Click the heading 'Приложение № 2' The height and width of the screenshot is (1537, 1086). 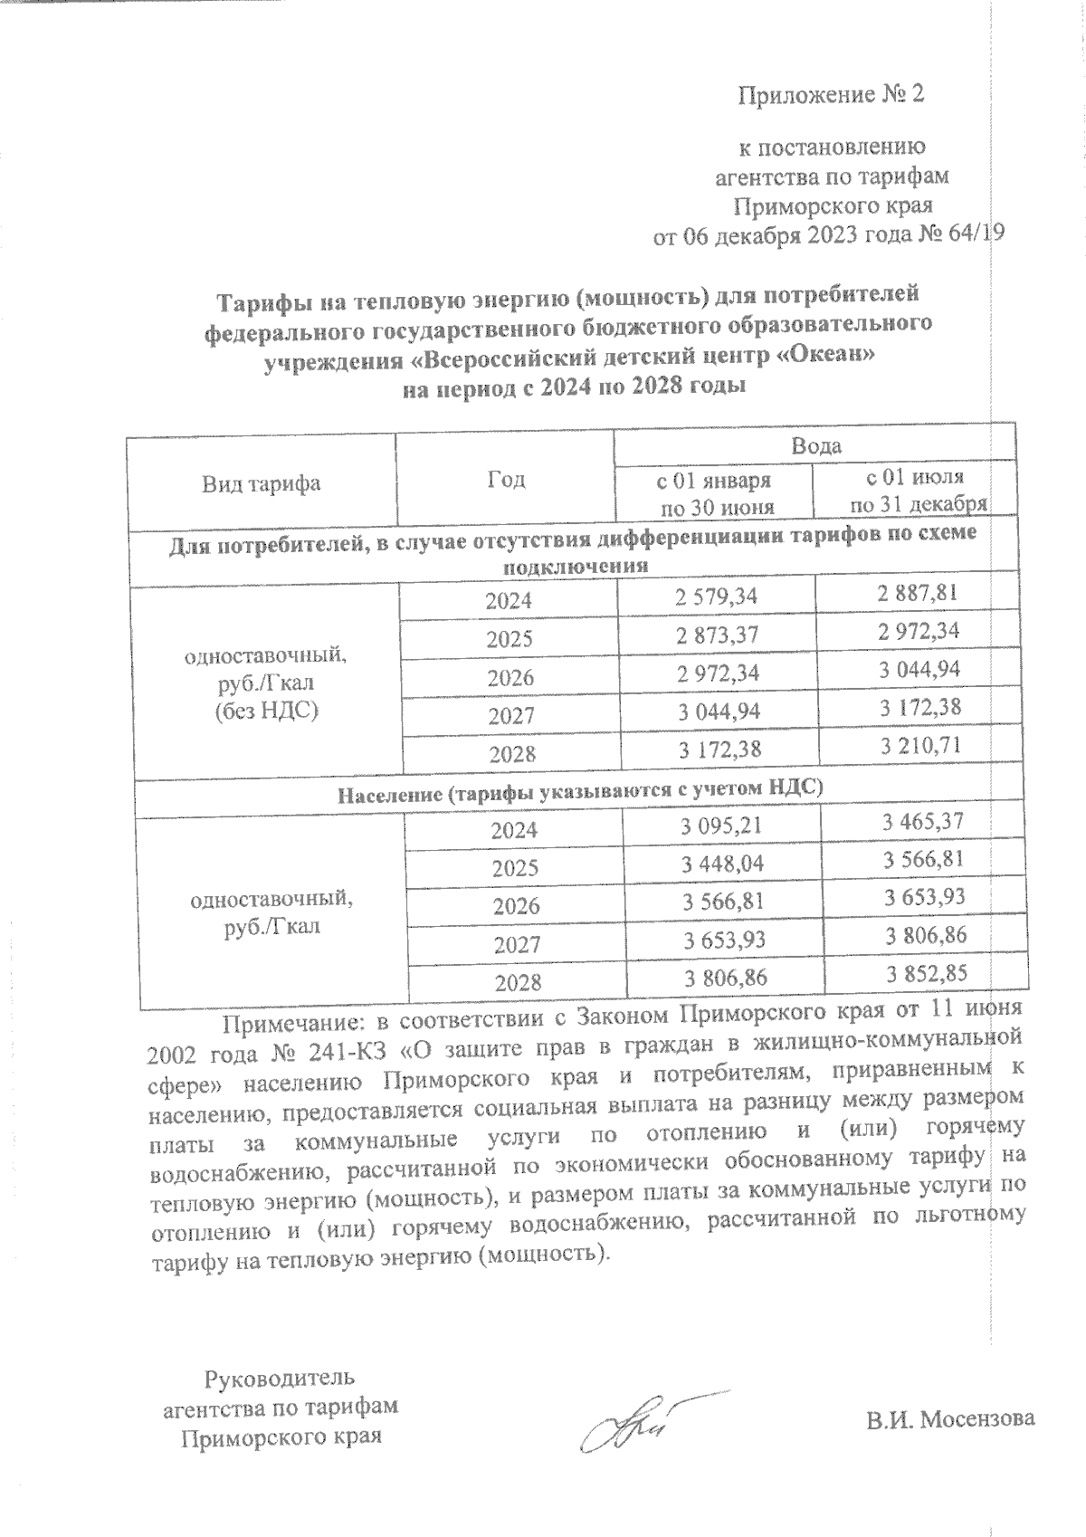click(832, 94)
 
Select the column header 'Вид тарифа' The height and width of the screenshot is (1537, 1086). click(261, 482)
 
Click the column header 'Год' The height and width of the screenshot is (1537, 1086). click(506, 479)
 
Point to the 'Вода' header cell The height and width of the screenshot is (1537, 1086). click(816, 445)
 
